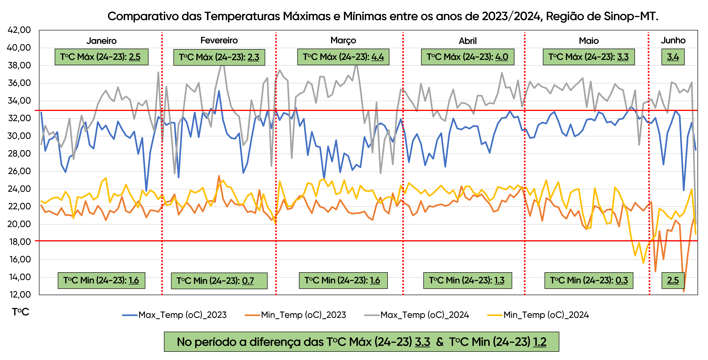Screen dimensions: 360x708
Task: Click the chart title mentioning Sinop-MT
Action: (x=383, y=16)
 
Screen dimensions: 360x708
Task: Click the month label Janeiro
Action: (x=101, y=41)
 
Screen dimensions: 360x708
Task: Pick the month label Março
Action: (x=343, y=40)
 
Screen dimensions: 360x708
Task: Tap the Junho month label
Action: (x=673, y=40)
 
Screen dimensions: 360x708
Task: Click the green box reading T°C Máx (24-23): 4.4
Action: (x=343, y=57)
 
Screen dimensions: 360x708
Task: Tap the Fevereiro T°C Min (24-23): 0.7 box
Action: (x=219, y=280)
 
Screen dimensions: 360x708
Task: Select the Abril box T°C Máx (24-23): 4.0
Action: (x=467, y=57)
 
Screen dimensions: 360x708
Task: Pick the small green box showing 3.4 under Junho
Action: (x=673, y=57)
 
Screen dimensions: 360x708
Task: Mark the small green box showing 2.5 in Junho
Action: (x=673, y=280)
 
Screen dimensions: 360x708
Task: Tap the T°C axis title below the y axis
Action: (x=20, y=312)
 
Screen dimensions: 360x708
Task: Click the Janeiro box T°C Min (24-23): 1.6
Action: (x=101, y=280)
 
